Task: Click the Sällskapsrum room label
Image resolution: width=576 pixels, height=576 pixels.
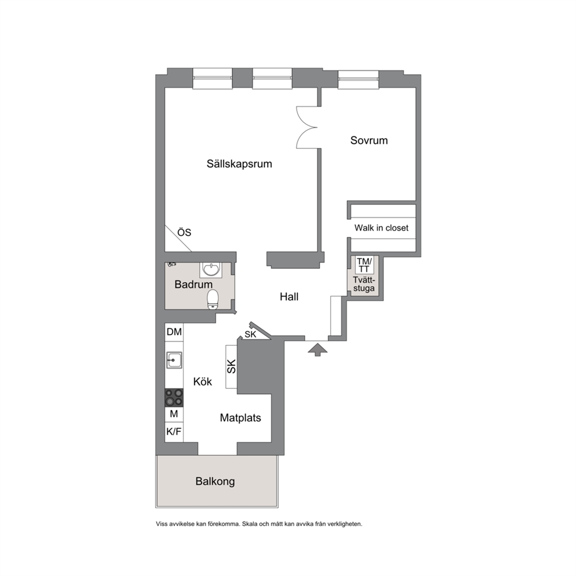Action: pyautogui.click(x=239, y=164)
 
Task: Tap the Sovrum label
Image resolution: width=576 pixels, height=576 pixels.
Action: pyautogui.click(x=369, y=141)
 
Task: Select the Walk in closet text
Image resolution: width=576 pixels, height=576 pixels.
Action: pyautogui.click(x=381, y=228)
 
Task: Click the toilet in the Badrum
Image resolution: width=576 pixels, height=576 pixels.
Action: pyautogui.click(x=213, y=299)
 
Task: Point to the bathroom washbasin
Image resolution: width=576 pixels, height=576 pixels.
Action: pyautogui.click(x=211, y=269)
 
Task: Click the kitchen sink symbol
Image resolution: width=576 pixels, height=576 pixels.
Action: pyautogui.click(x=174, y=360)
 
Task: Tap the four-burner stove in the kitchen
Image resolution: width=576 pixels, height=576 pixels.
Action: pyautogui.click(x=174, y=398)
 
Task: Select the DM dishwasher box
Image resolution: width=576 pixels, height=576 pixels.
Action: pyautogui.click(x=174, y=332)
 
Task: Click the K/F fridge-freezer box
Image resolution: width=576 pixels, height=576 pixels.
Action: pyautogui.click(x=174, y=431)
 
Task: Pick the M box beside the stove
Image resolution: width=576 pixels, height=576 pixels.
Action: pyautogui.click(x=174, y=414)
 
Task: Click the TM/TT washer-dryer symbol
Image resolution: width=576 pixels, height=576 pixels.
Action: pyautogui.click(x=365, y=265)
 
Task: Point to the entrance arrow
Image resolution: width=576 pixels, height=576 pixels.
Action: pyautogui.click(x=318, y=350)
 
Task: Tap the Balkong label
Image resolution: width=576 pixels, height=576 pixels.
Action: pyautogui.click(x=215, y=481)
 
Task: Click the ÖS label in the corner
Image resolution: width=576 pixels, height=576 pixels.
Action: pyautogui.click(x=185, y=232)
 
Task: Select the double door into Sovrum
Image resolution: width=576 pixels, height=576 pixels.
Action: pyautogui.click(x=307, y=128)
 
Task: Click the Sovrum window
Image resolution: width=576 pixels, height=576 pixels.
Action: pyautogui.click(x=358, y=79)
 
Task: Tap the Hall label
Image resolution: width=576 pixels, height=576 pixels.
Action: pyautogui.click(x=289, y=297)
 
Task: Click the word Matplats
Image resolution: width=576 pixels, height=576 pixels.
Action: pyautogui.click(x=240, y=417)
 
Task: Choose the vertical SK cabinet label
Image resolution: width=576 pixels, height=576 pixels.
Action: pyautogui.click(x=232, y=366)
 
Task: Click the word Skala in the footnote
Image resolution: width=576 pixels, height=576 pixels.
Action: pyautogui.click(x=250, y=524)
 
